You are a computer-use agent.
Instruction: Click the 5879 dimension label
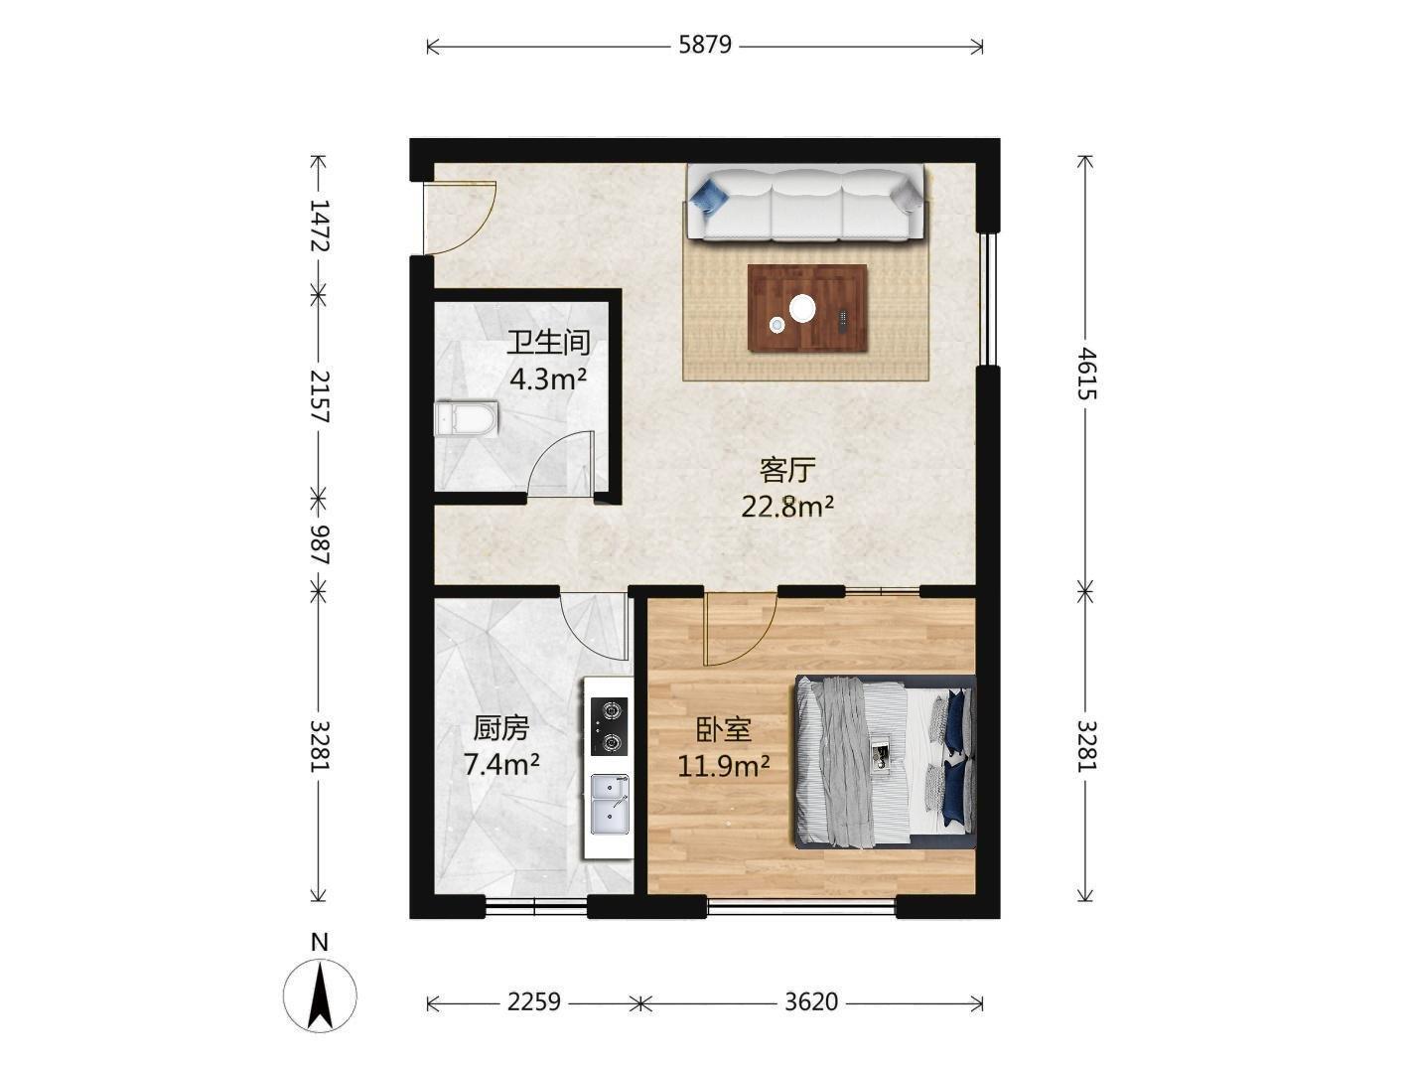(705, 46)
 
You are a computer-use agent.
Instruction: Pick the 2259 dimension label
(534, 1001)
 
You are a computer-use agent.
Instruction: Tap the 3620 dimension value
(811, 1001)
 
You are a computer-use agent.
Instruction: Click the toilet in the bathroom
(466, 418)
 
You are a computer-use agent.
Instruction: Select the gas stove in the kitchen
(609, 727)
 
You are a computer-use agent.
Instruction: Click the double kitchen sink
(610, 803)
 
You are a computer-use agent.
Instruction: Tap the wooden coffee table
(807, 308)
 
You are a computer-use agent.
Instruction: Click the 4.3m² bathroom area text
(548, 380)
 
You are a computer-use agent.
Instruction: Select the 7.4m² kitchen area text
(501, 765)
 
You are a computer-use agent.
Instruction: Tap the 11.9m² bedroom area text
(724, 766)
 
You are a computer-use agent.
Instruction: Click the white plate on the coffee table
(802, 308)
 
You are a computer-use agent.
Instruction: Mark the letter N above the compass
(320, 942)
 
